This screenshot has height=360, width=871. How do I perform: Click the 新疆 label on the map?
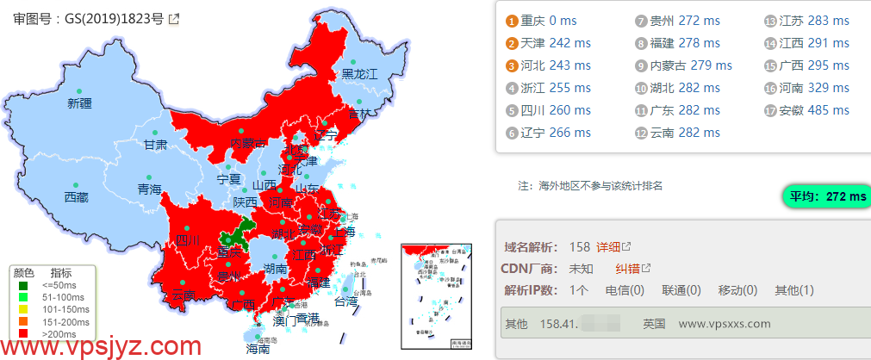pos(79,103)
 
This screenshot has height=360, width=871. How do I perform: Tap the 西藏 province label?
pos(76,197)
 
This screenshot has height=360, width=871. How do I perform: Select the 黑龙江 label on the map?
pos(360,74)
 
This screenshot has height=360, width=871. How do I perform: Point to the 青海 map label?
pos(149,189)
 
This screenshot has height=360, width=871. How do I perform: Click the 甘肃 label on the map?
pos(155,145)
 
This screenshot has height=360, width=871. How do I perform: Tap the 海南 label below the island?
pos(258,350)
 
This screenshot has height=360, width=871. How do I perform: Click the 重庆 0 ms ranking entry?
pos(543,20)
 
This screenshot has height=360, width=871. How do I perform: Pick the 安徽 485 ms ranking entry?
pos(813,109)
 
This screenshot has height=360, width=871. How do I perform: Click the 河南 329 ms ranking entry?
pos(813,87)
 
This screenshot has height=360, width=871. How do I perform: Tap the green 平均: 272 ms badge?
pos(824,196)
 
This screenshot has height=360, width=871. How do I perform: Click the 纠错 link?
pos(633,269)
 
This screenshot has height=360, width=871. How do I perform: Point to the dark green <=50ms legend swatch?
pos(23,285)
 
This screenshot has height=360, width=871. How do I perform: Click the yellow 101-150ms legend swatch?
pos(23,309)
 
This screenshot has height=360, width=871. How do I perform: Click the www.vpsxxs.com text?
pos(725,324)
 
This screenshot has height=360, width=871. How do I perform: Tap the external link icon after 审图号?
pos(174,18)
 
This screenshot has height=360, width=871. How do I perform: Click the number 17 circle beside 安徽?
pos(769,110)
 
